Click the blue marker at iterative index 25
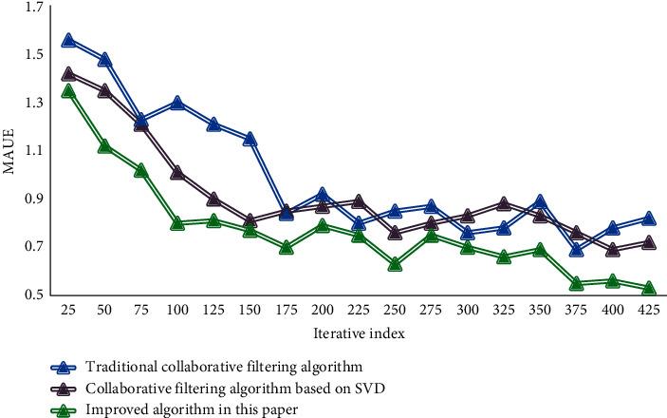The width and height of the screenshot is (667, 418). tap(68, 41)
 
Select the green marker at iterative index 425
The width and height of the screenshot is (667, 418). tap(649, 288)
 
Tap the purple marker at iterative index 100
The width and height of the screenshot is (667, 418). tap(177, 173)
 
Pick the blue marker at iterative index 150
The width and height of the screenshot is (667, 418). tap(250, 139)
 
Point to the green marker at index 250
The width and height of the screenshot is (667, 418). tap(395, 264)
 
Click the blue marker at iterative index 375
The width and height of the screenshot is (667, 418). tap(577, 250)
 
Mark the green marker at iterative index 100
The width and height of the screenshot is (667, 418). tap(177, 223)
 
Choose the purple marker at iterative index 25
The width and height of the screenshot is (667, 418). tap(68, 73)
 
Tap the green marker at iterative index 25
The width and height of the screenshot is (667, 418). tap(68, 91)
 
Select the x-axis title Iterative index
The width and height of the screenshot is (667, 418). tap(359, 334)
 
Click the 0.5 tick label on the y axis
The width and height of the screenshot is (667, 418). tap(33, 295)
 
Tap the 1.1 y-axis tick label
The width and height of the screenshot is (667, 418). tap(33, 152)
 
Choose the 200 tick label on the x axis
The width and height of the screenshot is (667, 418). tap(323, 311)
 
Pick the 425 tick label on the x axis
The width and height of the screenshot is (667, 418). tap(649, 311)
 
